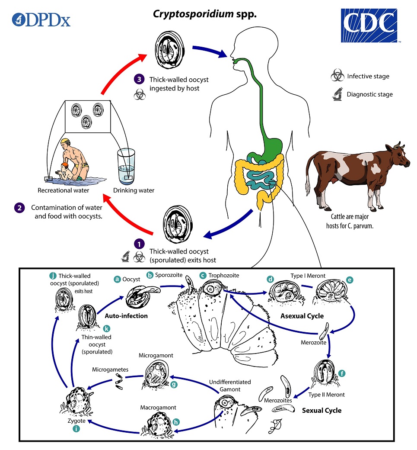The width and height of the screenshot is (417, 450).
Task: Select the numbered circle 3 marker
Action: [138, 80]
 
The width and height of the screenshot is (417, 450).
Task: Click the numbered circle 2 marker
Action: [20, 207]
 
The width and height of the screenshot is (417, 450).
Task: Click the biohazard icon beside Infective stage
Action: [337, 77]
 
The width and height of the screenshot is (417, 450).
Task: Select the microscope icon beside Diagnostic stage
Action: [337, 94]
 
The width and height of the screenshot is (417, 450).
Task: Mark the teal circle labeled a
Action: [116, 280]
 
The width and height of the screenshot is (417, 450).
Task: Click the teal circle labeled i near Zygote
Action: [76, 429]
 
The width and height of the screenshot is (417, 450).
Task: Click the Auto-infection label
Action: [126, 316]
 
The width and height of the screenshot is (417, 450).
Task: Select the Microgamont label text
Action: [156, 355]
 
